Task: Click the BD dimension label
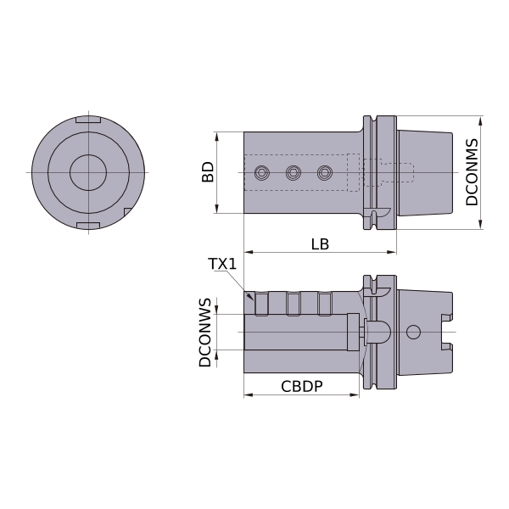(208, 172)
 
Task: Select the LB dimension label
(320, 244)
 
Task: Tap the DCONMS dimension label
(472, 172)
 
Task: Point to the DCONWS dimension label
(204, 333)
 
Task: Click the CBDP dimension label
(302, 386)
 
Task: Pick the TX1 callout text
(222, 264)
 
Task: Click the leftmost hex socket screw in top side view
(262, 173)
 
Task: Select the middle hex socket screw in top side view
(294, 173)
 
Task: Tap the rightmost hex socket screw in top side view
(325, 173)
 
